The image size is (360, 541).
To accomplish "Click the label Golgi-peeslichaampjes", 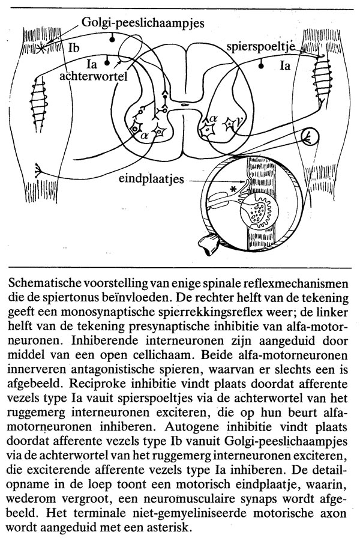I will coord(144,23).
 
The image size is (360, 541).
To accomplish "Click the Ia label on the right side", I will coord(284,66).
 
